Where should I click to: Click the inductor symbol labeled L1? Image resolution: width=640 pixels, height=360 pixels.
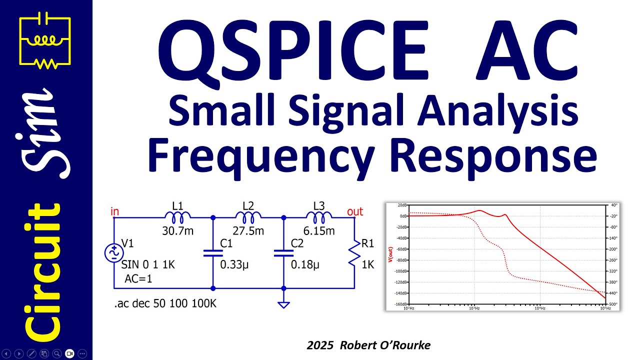tap(177, 217)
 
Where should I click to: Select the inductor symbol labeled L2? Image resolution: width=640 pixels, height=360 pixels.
tap(248, 217)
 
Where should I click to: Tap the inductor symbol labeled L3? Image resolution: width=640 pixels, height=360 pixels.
tap(319, 217)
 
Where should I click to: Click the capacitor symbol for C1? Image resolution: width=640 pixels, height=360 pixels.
tap(213, 253)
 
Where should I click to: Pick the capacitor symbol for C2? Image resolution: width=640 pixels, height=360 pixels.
tap(283, 253)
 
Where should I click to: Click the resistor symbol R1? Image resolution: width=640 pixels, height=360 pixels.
tap(354, 253)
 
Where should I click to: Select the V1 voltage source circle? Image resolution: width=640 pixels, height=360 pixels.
tap(113, 253)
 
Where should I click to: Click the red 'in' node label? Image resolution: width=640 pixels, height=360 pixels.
tap(114, 211)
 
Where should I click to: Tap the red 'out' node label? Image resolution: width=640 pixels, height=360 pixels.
tap(355, 211)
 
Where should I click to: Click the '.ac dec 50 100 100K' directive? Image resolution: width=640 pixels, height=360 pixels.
tap(165, 303)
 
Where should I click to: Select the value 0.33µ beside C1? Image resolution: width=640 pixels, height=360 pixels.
tap(234, 265)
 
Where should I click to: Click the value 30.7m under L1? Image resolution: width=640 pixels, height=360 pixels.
tap(177, 231)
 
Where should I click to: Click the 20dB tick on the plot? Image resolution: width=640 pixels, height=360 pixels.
tap(401, 205)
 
